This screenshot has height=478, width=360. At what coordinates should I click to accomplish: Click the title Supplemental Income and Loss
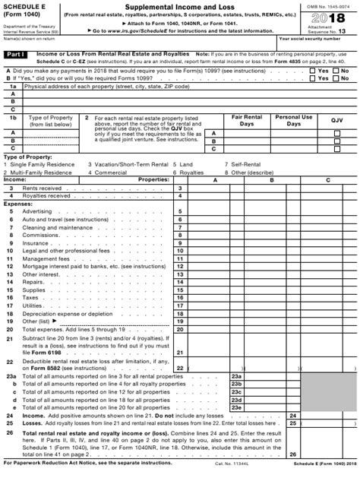click(179, 6)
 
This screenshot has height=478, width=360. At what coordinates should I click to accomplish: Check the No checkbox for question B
click(336, 78)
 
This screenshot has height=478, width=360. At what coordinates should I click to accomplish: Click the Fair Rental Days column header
click(247, 120)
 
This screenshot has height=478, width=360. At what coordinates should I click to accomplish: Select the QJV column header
click(336, 120)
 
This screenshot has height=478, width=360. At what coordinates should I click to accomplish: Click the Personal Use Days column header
click(293, 120)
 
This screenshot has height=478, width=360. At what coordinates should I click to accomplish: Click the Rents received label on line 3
click(42, 187)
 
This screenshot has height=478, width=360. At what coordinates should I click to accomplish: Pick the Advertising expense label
click(37, 211)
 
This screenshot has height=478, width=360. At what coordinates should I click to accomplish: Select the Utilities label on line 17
click(33, 305)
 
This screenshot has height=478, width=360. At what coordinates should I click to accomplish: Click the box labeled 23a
click(236, 376)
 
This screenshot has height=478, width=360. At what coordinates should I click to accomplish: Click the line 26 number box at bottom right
click(292, 454)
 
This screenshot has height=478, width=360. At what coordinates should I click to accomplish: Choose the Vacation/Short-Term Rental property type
click(128, 164)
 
